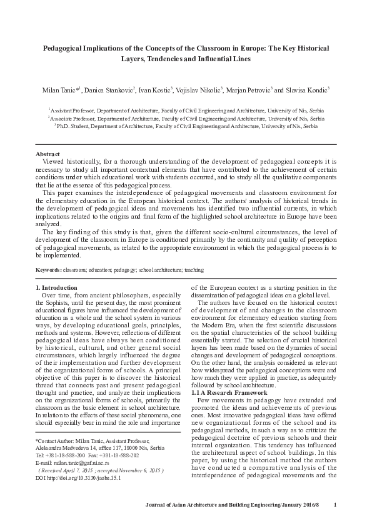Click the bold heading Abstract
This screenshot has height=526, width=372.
point(48,154)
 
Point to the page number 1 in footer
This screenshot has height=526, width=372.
point(336,505)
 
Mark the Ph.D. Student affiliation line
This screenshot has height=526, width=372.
point(186,126)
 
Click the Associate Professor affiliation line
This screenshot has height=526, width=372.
point(186,117)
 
